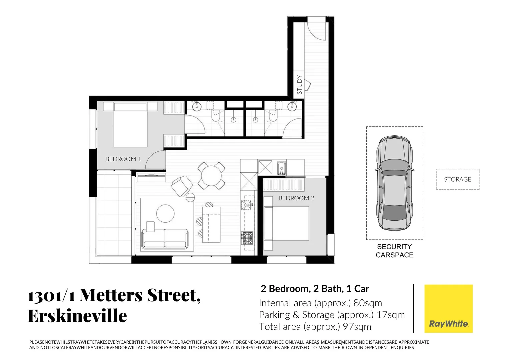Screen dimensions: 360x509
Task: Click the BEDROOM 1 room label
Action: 123,159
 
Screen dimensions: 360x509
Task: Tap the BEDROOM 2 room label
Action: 296,198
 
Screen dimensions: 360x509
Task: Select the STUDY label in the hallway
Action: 299,85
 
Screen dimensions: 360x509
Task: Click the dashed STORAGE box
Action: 457,179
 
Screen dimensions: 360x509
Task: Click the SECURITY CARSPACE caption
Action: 394,251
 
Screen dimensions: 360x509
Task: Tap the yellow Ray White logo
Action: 448,308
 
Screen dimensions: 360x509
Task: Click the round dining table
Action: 211,175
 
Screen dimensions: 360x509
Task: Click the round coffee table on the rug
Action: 165,213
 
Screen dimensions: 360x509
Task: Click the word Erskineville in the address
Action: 77,316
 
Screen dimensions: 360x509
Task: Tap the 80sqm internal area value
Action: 368,303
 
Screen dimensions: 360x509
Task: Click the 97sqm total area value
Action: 357,327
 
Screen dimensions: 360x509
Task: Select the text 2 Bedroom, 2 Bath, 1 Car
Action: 315,289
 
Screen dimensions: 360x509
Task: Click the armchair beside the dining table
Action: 181,186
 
